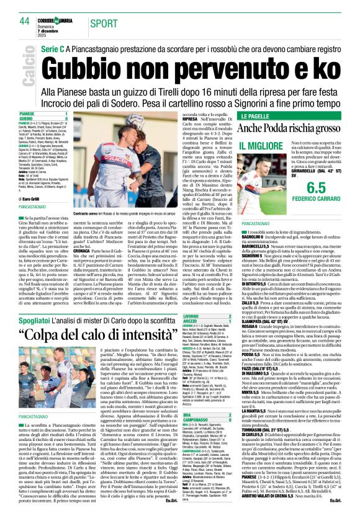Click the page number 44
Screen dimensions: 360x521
click(x=24, y=21)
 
